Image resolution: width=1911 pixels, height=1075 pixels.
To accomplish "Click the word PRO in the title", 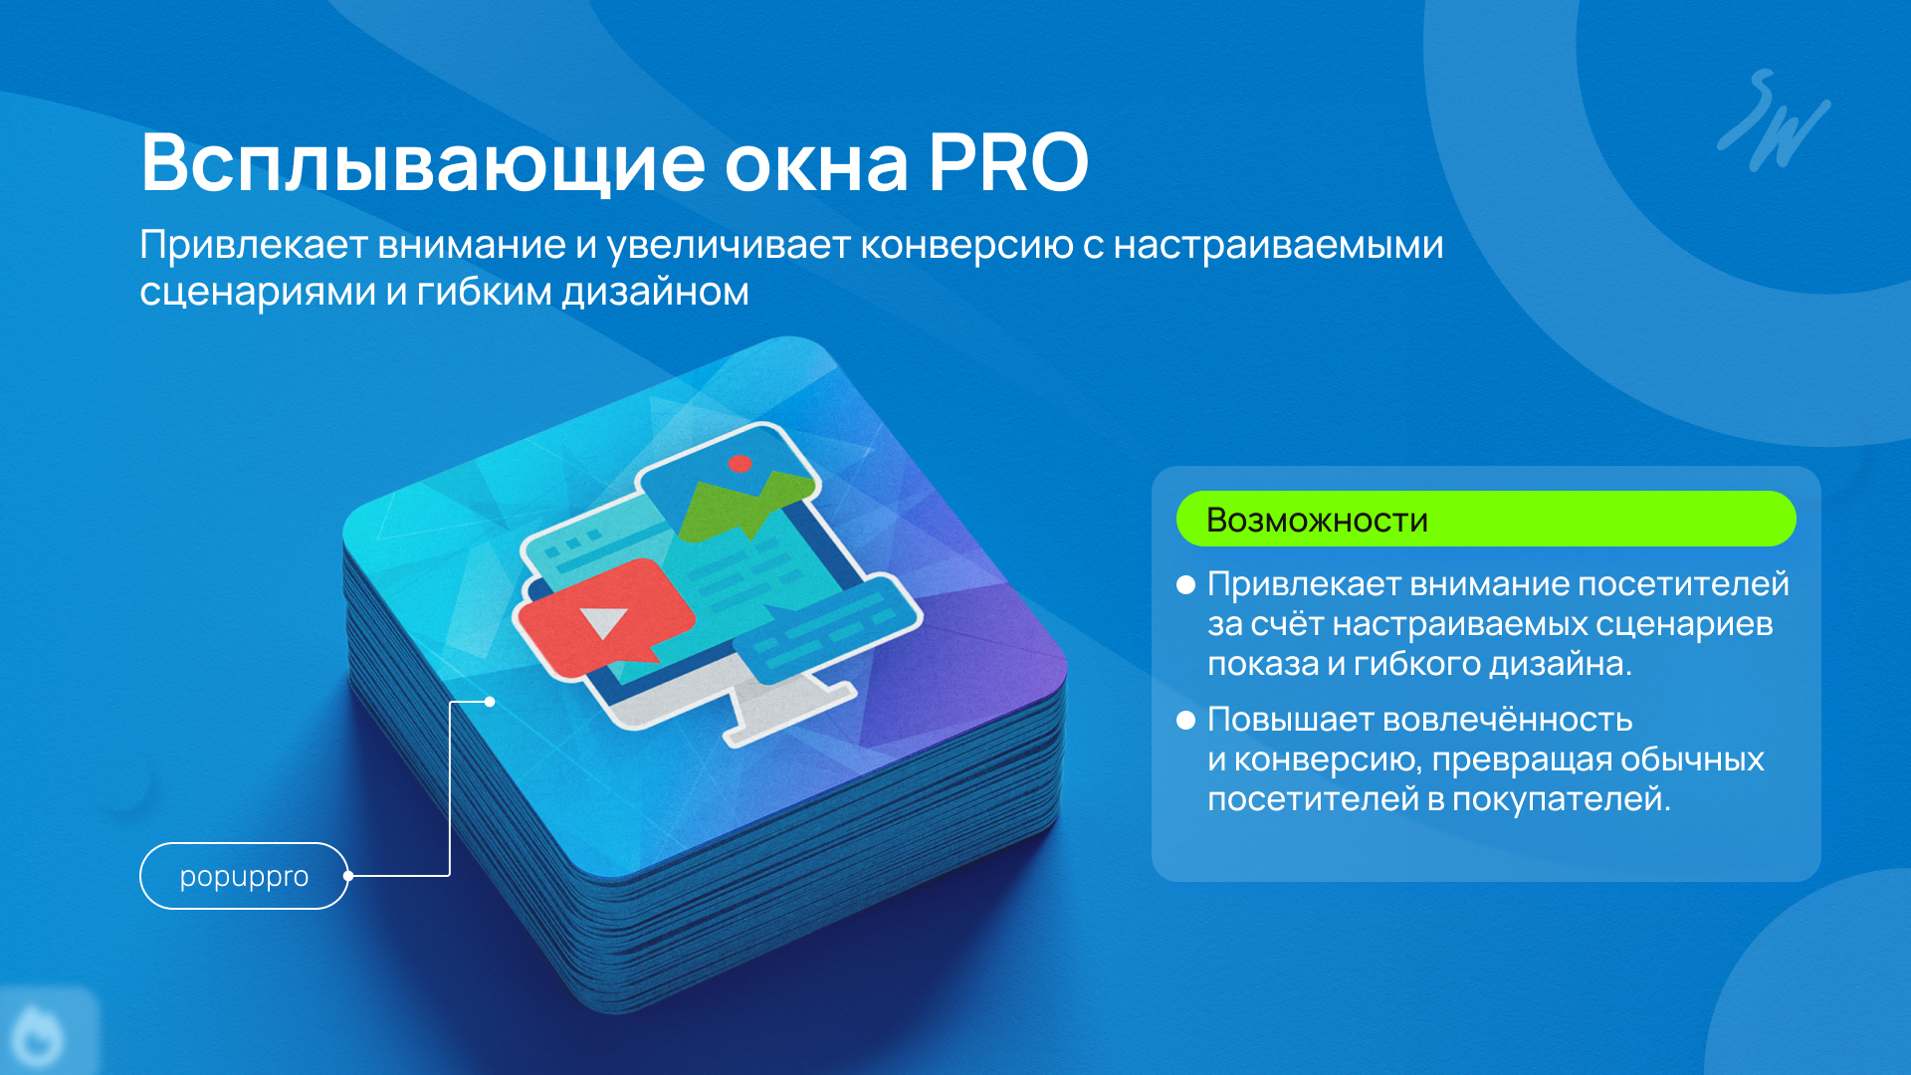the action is [1009, 162].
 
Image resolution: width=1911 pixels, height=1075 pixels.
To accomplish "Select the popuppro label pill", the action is [244, 876].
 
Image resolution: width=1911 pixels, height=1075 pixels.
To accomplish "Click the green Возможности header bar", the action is [1486, 519].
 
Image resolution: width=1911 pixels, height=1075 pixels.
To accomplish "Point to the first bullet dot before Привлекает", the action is [1185, 584].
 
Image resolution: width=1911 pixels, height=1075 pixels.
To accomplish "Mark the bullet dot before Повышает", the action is [1185, 720].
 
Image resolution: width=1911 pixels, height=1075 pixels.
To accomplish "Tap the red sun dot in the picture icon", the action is [740, 463].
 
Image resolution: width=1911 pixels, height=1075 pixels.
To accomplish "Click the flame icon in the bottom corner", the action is [38, 1035].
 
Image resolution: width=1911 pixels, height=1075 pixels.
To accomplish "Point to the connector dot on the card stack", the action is [490, 702].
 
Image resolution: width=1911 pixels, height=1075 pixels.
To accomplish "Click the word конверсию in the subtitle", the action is [966, 246].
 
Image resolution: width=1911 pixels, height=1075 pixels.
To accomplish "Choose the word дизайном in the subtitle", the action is [655, 293].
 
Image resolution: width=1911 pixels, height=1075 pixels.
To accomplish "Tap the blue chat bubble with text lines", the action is [829, 631].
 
